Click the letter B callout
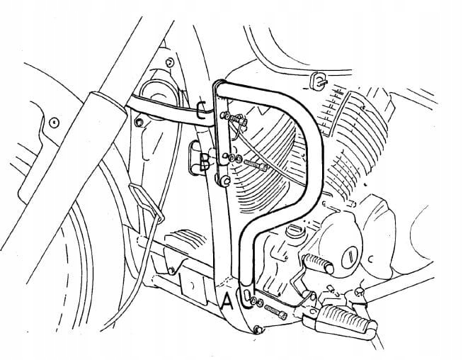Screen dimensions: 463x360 pyautogui.click(x=205, y=164)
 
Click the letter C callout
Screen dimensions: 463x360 pyautogui.click(x=202, y=111)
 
